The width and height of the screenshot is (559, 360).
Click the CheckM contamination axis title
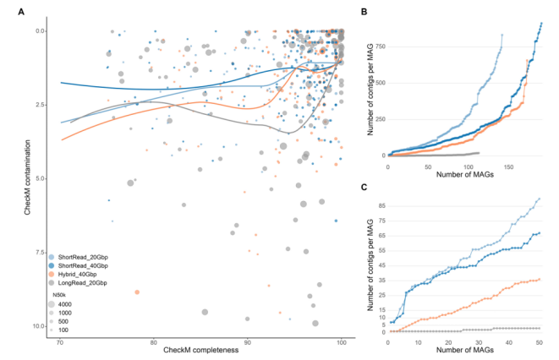[28, 177]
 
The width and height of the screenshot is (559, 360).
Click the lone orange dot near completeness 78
[137, 292]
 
